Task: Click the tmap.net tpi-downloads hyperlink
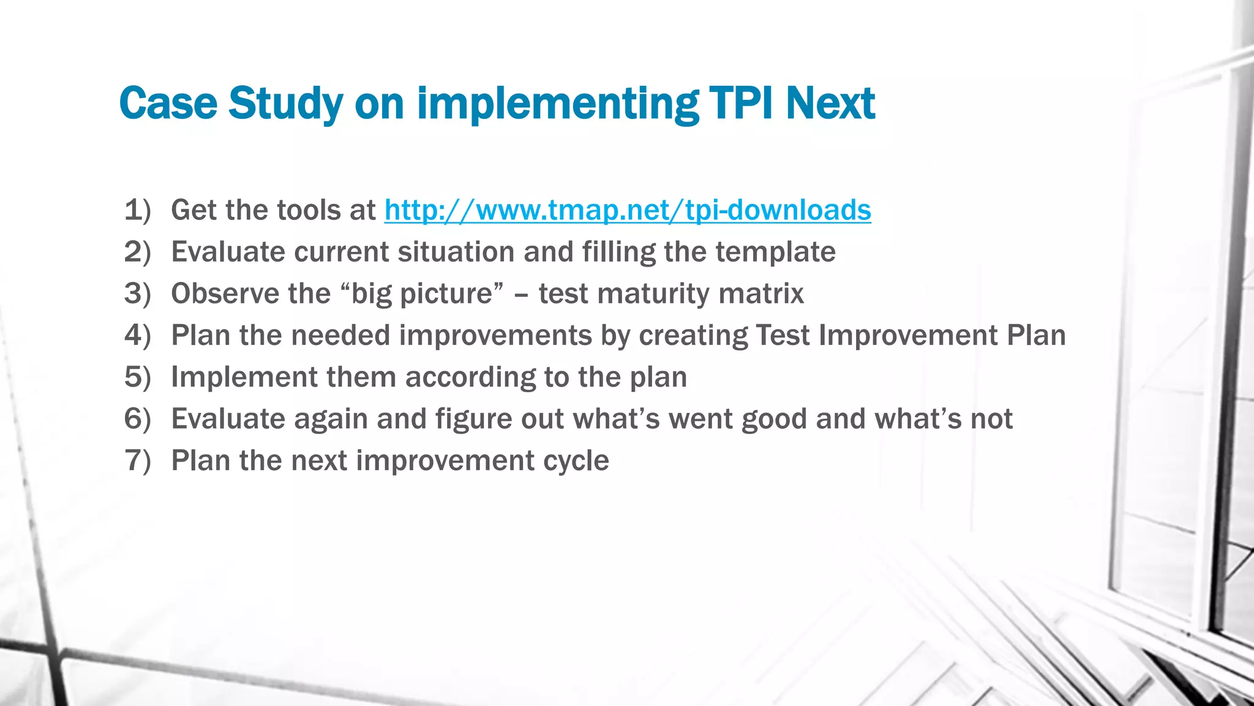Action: tap(628, 210)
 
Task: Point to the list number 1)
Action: tap(137, 210)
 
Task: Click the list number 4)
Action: tap(137, 335)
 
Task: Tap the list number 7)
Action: tap(137, 460)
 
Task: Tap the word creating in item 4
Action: tap(693, 335)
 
